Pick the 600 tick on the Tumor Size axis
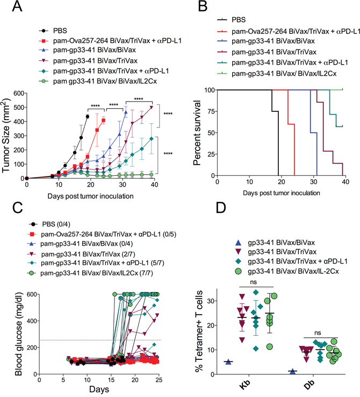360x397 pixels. click(x=17, y=94)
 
